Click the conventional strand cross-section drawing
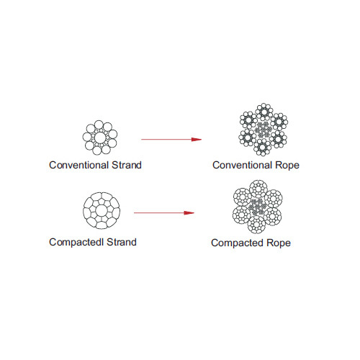pos(100,138)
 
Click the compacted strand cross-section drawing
pos(102,210)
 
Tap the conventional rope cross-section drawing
pos(264,130)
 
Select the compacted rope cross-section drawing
pos(258,207)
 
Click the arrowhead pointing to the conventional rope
pos(197,140)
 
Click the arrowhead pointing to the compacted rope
pos(189,213)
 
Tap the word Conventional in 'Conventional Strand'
pos(79,165)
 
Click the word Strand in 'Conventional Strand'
pos(127,165)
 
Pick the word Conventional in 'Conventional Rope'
pos(243,165)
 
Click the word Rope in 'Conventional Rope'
pos(287,166)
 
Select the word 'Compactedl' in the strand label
pos(76,243)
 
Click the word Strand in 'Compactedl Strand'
pos(122,242)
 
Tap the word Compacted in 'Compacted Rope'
pos(238,243)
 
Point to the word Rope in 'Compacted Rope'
pos(279,243)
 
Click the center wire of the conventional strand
pos(100,138)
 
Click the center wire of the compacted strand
pos(102,211)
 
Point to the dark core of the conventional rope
pos(263,130)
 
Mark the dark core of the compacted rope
pos(256,207)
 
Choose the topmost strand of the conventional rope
pos(264,112)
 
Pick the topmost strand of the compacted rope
pos(258,189)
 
